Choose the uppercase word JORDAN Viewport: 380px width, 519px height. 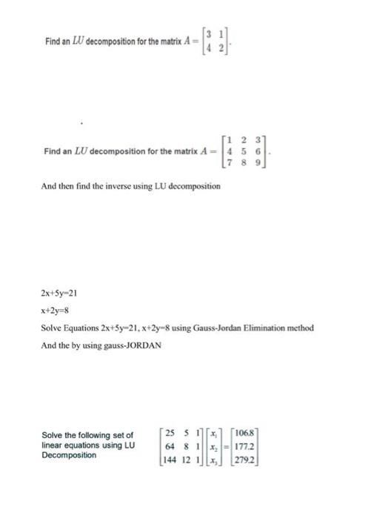139,346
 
